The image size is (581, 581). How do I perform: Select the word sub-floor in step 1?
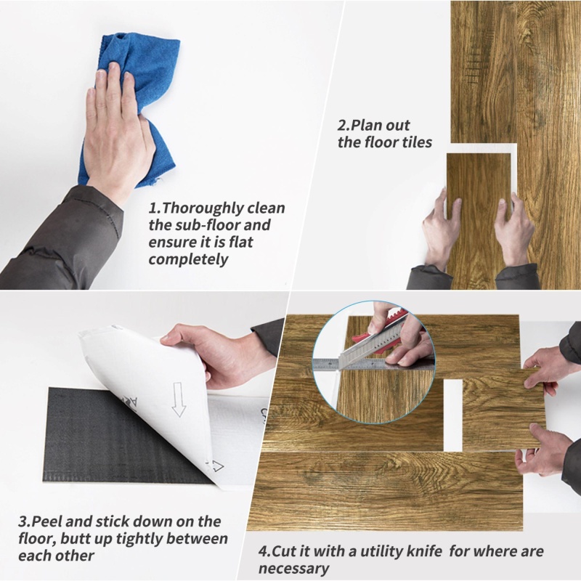208,225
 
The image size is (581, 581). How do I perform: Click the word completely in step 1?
188,259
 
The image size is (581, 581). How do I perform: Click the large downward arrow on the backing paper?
179,399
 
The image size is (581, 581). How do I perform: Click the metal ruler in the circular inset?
373,365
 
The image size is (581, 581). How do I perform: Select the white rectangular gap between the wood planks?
452,415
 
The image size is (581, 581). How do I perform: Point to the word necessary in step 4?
293,568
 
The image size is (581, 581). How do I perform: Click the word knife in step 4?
424,551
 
